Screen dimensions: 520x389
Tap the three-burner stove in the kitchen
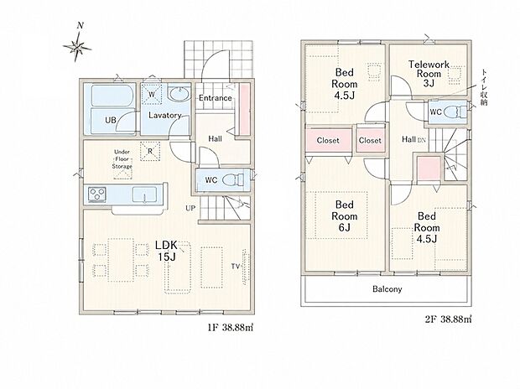tap(97, 194)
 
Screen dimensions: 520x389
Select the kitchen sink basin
tap(144, 194)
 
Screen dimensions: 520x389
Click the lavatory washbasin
tap(179, 94)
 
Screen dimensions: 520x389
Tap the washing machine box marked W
tap(152, 95)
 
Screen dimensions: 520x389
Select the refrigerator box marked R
tap(150, 151)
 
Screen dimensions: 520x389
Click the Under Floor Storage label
tap(122, 159)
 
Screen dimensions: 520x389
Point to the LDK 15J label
tap(167, 251)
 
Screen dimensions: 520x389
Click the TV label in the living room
tap(236, 267)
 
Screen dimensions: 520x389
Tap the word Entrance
tap(216, 98)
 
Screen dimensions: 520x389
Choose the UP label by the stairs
tap(190, 208)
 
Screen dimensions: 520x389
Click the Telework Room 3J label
tap(429, 74)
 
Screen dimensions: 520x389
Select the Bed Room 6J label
tap(345, 216)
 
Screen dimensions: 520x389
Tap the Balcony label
tap(387, 289)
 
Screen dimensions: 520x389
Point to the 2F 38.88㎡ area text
tap(448, 319)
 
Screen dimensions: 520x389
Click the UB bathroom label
tap(111, 120)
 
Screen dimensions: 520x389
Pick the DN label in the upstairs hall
tap(421, 141)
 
